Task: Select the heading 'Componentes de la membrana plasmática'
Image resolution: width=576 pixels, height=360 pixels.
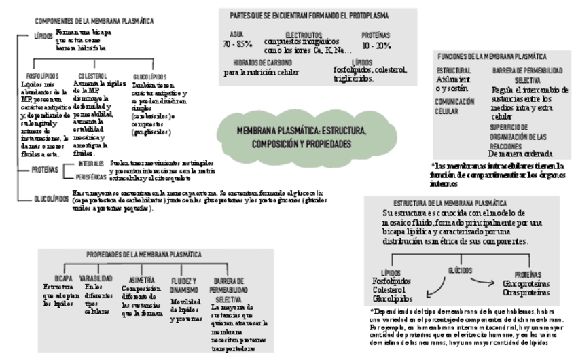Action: (x=94, y=22)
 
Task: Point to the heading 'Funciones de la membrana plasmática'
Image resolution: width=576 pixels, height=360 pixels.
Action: (x=493, y=56)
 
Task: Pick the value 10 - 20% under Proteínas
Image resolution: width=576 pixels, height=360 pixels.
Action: (x=376, y=46)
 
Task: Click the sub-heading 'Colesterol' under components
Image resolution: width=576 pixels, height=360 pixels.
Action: (x=92, y=76)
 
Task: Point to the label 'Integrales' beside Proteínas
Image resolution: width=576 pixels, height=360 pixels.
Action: (x=90, y=164)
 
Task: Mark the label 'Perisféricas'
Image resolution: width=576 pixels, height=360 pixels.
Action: (x=92, y=176)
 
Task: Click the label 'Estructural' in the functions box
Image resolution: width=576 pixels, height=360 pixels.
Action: (x=454, y=70)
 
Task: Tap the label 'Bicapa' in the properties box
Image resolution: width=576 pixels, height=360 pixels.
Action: (x=64, y=278)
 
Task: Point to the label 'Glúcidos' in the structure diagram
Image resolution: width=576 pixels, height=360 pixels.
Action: (x=460, y=270)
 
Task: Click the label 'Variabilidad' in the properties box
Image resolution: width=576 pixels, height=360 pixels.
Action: (x=96, y=278)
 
